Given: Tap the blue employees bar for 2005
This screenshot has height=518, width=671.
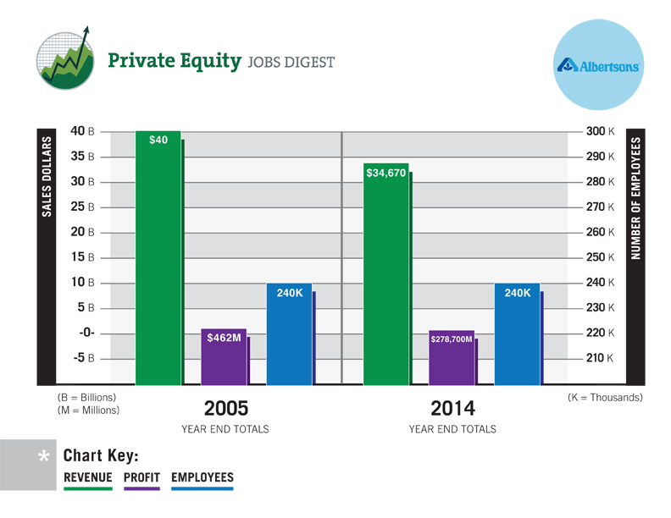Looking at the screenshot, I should tap(289, 334).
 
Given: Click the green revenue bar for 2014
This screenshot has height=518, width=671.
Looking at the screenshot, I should tap(385, 275).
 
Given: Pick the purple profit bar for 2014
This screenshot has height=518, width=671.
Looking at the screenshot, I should tap(452, 358).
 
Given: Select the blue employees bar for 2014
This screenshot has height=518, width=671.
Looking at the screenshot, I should tap(517, 334).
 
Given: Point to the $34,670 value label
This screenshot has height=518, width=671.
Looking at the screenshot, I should tap(386, 173).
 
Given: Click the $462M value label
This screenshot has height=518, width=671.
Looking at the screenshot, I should tap(225, 338).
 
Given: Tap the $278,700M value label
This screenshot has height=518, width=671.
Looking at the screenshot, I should tap(452, 339).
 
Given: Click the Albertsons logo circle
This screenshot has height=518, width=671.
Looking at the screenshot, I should tap(597, 65).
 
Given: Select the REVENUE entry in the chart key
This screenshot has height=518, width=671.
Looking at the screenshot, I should tap(88, 478).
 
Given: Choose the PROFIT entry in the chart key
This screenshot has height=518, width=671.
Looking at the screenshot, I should tap(141, 478).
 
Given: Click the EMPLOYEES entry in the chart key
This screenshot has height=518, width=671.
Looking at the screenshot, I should tap(202, 478).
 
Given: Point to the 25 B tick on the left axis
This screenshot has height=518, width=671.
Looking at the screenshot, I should tap(81, 207).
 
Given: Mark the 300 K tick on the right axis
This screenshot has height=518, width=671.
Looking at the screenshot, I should tap(598, 131).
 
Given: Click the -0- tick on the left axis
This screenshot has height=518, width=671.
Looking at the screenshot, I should tap(86, 333).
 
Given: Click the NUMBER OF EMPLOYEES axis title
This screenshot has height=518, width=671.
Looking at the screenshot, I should tap(635, 197).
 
